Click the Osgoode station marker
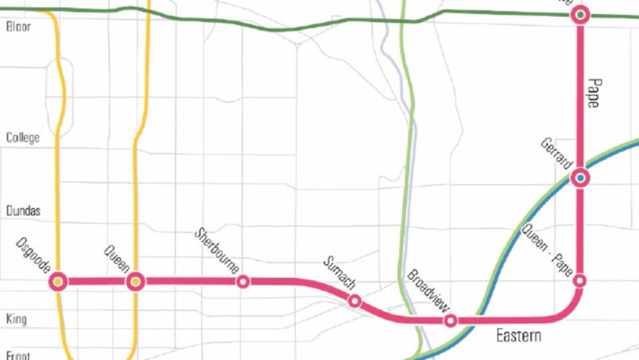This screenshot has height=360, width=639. (59, 281)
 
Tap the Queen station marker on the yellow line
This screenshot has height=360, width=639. (136, 281)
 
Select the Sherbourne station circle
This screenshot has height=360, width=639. (244, 281)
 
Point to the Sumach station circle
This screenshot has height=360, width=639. (355, 301)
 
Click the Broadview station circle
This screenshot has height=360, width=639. (451, 321)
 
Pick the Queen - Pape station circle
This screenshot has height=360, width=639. (580, 281)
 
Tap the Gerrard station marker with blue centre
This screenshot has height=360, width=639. (580, 178)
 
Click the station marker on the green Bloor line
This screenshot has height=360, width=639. (580, 15)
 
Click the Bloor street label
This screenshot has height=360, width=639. (18, 27)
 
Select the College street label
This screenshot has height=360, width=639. (23, 138)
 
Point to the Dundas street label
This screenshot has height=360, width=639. (23, 211)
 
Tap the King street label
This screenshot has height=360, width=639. (16, 319)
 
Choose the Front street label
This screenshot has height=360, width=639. (18, 355)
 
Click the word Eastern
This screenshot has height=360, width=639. (519, 336)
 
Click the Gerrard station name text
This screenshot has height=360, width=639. (557, 154)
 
